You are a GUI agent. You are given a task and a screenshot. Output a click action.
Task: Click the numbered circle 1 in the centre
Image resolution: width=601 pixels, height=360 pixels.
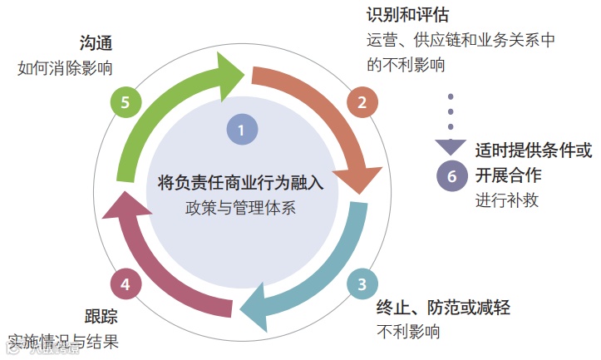click(x=241, y=130)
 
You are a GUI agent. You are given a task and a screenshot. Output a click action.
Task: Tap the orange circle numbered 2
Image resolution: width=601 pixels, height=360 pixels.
click(x=362, y=102)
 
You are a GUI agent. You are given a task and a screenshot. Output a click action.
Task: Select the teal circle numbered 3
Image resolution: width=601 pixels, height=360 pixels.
click(x=362, y=284)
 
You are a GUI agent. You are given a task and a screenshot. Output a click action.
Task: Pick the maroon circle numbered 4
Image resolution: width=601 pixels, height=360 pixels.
click(x=125, y=284)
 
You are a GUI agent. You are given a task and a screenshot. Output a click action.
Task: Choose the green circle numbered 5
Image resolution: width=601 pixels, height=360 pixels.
click(x=125, y=102)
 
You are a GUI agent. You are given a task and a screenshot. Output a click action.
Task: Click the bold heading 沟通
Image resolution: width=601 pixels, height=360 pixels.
click(x=96, y=42)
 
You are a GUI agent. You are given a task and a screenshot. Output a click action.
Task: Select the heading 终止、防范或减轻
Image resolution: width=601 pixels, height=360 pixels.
click(x=443, y=308)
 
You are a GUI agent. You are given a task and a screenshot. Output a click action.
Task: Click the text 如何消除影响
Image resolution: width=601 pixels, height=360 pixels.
click(x=65, y=67)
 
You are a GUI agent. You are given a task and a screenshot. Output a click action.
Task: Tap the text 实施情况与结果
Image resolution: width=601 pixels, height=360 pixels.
click(x=63, y=340)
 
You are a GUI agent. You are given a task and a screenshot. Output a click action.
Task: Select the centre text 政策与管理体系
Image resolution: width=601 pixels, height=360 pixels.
click(x=240, y=207)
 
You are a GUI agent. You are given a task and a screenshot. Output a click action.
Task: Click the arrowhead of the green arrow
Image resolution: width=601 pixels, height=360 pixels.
click(x=235, y=68)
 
